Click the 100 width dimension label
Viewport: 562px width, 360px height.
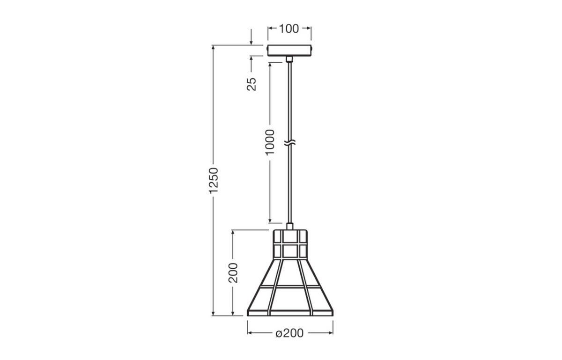[289, 29]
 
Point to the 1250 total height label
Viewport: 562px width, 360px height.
[214, 180]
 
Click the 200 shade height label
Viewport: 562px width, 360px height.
[233, 272]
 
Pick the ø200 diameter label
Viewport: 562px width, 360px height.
[289, 333]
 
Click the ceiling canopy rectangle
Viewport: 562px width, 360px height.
[289, 51]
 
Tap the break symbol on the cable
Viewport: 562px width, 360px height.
[290, 141]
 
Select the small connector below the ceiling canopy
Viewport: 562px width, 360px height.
[289, 59]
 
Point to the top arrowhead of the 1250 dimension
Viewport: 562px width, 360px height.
[214, 48]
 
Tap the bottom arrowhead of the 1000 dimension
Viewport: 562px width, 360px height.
[270, 220]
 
